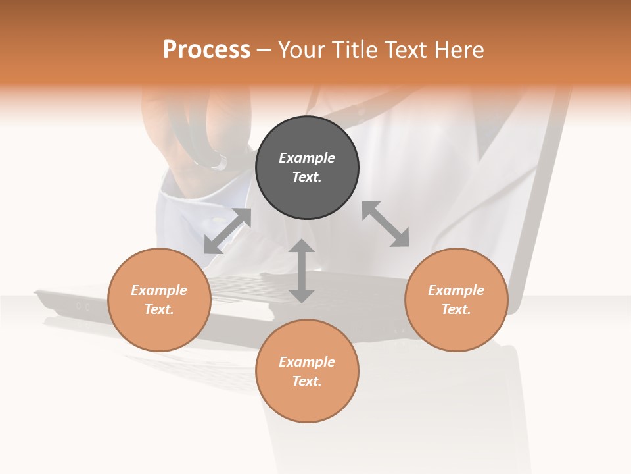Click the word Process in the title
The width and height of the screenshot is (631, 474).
pos(206,50)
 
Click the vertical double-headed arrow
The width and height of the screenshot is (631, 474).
pos(302,271)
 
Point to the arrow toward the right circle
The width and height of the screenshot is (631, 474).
pos(386,224)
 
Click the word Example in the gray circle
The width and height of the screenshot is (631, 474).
pos(307,158)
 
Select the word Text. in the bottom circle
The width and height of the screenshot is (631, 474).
pos(307,381)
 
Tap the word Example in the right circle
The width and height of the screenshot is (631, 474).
pos(456,290)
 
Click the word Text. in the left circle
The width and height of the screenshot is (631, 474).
pos(159,309)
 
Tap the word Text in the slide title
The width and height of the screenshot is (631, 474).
pos(406,50)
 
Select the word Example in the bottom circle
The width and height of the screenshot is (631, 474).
pos(307,362)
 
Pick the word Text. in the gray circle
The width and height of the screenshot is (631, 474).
pos(307,177)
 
